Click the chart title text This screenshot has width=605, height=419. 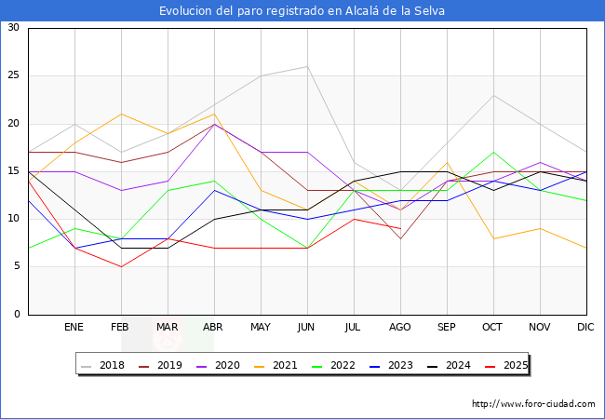(302, 11)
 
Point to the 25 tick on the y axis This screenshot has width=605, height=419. (13, 75)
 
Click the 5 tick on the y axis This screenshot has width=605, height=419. (16, 267)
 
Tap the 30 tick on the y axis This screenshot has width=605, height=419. (13, 28)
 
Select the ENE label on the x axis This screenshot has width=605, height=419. (74, 328)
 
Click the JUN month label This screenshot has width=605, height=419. (307, 328)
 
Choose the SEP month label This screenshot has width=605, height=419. (447, 328)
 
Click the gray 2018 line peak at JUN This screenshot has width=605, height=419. (307, 66)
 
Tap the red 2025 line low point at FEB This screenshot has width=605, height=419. (121, 267)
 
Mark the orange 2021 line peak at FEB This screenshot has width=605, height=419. (121, 114)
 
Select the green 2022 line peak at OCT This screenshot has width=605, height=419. (493, 152)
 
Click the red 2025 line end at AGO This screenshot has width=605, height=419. (400, 229)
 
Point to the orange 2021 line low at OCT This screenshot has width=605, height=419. (493, 238)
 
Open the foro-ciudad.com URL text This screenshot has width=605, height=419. (533, 404)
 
